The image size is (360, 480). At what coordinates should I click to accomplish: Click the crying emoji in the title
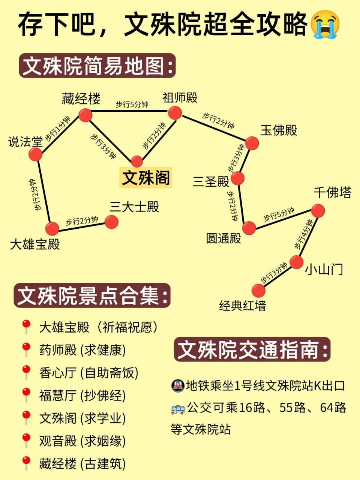pyautogui.click(x=325, y=24)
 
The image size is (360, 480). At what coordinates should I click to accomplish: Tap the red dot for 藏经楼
pyautogui.click(x=85, y=115)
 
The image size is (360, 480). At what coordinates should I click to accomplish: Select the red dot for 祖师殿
pyautogui.click(x=175, y=112)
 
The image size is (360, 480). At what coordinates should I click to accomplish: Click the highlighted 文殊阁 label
pyautogui.click(x=146, y=177)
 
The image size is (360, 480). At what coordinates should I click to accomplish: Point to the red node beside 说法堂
pyautogui.click(x=35, y=154)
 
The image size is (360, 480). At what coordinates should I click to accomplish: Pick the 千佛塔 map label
pyautogui.click(x=332, y=193)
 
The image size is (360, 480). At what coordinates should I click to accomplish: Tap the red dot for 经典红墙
pyautogui.click(x=258, y=291)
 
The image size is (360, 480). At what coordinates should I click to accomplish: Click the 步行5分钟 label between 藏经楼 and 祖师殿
pyautogui.click(x=132, y=105)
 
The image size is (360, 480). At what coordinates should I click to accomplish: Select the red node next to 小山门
pyautogui.click(x=296, y=262)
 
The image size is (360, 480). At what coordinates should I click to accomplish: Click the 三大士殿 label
pyautogui.click(x=134, y=207)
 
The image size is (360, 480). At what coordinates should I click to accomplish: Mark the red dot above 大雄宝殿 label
pyautogui.click(x=52, y=228)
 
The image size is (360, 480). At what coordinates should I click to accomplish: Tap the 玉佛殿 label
pyautogui.click(x=279, y=130)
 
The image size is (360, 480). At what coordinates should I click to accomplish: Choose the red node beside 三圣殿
pyautogui.click(x=238, y=178)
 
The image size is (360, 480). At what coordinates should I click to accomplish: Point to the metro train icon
pyautogui.click(x=177, y=385)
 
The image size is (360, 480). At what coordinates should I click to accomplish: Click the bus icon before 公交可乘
pyautogui.click(x=178, y=408)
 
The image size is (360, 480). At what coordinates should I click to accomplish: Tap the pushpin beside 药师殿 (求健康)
pyautogui.click(x=26, y=349)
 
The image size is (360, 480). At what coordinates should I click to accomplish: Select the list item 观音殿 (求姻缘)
pyautogui.click(x=82, y=441)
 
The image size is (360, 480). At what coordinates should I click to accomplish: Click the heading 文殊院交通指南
pyautogui.click(x=252, y=349)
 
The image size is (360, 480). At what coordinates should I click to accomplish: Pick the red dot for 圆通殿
pyautogui.click(x=249, y=228)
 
